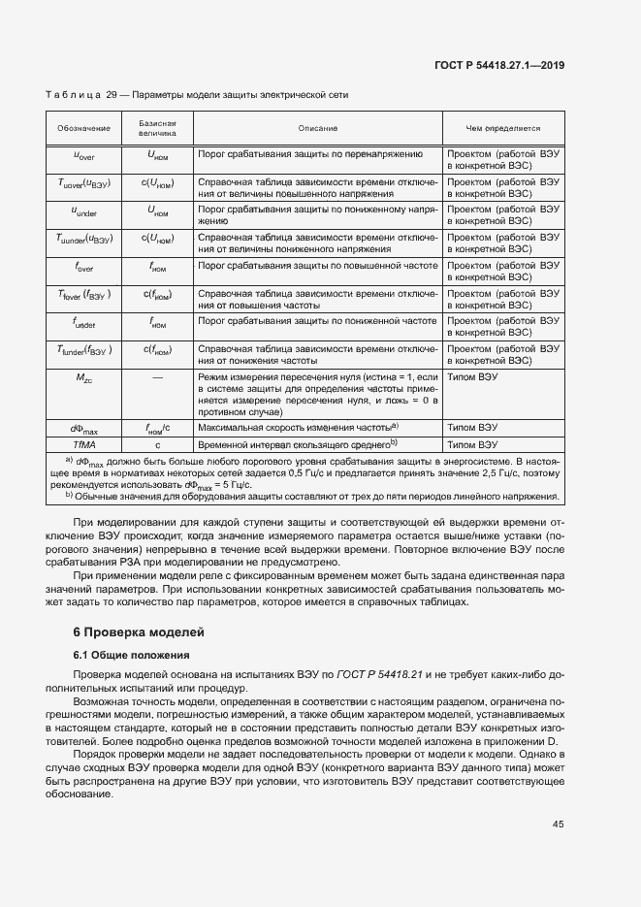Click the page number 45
click(x=558, y=825)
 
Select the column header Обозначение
click(x=83, y=128)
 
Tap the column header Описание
click(x=317, y=128)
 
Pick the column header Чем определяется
click(x=502, y=128)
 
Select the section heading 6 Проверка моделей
click(x=139, y=632)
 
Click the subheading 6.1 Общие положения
click(x=131, y=656)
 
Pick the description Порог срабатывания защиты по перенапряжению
click(x=310, y=153)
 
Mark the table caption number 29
click(x=111, y=95)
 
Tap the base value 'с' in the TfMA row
click(x=157, y=443)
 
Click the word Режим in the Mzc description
click(x=213, y=375)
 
